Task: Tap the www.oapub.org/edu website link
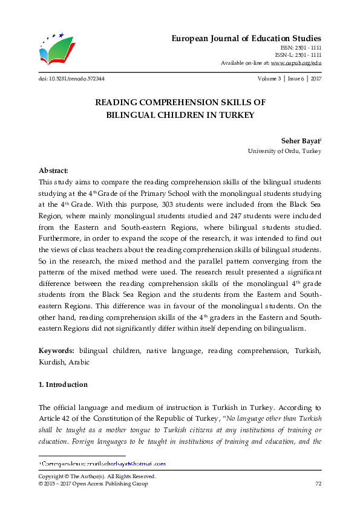[x=296, y=63]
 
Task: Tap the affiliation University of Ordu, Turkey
[x=284, y=151]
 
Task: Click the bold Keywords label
[x=56, y=351]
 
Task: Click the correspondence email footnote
[x=103, y=464]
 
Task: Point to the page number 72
[x=318, y=484]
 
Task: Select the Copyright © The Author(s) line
[x=97, y=476]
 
